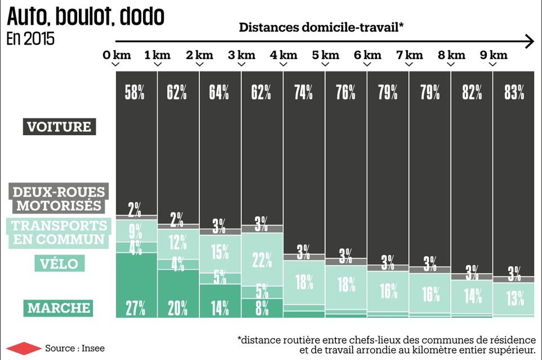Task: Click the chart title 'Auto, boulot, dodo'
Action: pos(86,17)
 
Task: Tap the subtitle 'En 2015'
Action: pos(31,40)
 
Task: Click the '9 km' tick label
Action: pos(494,55)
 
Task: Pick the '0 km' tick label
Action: pos(117,55)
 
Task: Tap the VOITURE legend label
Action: pos(59,127)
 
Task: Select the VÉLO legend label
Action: pos(59,263)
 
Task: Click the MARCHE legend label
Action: pos(59,308)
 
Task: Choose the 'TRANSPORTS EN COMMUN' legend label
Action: pos(59,233)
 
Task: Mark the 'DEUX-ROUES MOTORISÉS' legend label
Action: pos(59,198)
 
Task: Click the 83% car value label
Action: pos(514,92)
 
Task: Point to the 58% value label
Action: pos(135,92)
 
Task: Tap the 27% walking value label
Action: pos(135,308)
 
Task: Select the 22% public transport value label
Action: pos(261,260)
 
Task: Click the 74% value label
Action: pos(304,92)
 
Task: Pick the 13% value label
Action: pos(514,299)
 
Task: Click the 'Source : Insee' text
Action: pos(75,348)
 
